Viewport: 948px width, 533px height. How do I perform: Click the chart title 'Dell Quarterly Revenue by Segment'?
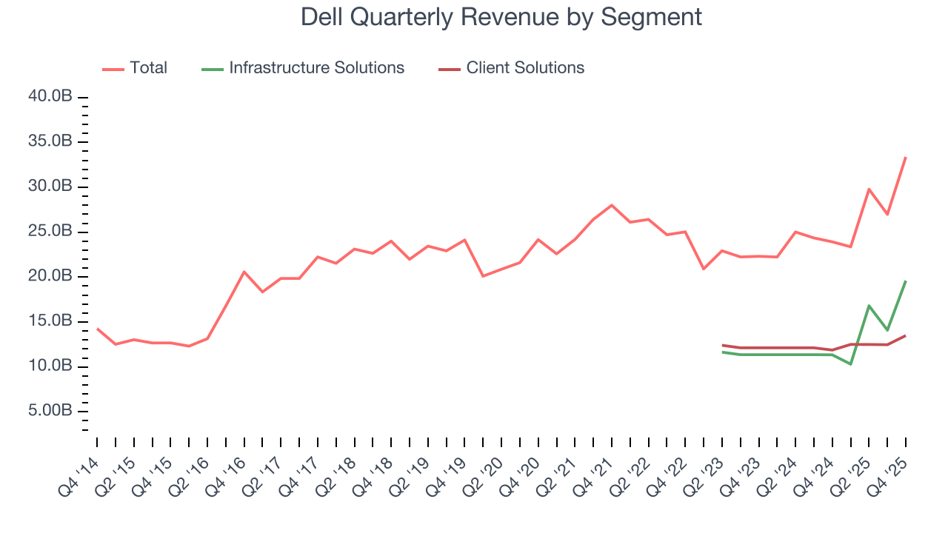pyautogui.click(x=501, y=17)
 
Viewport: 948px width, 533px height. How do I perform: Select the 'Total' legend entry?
pyautogui.click(x=148, y=68)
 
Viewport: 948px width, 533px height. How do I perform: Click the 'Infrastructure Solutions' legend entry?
pyautogui.click(x=316, y=68)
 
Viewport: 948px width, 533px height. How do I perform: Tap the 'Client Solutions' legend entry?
pyautogui.click(x=524, y=68)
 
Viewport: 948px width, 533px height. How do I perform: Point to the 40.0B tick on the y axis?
pyautogui.click(x=51, y=97)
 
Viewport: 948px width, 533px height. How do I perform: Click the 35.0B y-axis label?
pyautogui.click(x=51, y=142)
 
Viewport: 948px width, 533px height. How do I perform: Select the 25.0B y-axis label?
pyautogui.click(x=51, y=232)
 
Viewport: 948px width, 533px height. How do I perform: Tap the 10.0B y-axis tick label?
pyautogui.click(x=51, y=366)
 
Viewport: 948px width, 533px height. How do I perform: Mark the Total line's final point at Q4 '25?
pyautogui.click(x=905, y=158)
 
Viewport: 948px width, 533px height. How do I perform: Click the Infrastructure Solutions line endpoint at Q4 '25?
pyautogui.click(x=905, y=281)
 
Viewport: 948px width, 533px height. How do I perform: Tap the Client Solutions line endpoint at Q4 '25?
pyautogui.click(x=905, y=336)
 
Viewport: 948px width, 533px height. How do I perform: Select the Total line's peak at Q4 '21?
pyautogui.click(x=612, y=205)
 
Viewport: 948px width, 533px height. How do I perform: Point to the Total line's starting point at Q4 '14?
pyautogui.click(x=97, y=329)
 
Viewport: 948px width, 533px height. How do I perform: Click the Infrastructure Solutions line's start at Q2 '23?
pyautogui.click(x=722, y=352)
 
